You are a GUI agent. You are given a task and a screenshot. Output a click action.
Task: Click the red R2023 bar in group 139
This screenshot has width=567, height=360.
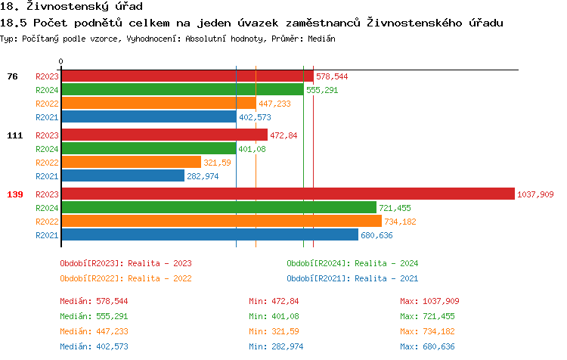[287, 194]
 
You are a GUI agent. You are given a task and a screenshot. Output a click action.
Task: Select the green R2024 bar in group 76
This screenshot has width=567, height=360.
[182, 90]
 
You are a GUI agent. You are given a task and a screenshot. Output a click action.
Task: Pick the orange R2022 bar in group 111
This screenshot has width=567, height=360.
[131, 163]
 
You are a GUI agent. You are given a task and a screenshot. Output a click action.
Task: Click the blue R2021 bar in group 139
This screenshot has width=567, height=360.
[210, 235]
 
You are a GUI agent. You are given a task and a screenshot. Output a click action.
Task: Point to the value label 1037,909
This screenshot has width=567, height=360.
[535, 194]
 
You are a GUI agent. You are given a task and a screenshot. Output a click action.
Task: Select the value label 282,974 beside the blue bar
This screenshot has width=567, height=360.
[203, 176]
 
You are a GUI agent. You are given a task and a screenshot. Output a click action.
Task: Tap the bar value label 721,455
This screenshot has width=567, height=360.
[395, 208]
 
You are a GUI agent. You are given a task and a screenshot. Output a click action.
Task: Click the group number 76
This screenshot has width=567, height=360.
[12, 76]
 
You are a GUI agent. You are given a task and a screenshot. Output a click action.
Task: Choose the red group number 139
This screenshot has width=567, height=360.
[15, 194]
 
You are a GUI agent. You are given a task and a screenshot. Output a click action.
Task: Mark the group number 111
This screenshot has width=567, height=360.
[15, 135]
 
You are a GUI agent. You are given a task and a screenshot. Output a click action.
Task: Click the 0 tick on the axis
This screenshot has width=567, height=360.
[61, 61]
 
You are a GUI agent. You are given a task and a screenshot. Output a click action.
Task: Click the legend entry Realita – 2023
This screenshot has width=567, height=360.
[125, 263]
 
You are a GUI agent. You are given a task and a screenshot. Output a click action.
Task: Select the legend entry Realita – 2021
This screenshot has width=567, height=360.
[352, 278]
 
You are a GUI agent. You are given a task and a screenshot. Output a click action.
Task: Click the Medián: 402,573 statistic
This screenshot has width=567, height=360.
[94, 346]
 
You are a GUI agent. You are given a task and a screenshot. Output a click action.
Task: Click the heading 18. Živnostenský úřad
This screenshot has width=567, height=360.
[72, 7]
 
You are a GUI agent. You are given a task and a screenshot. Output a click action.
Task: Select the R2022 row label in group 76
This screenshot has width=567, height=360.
[47, 104]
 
